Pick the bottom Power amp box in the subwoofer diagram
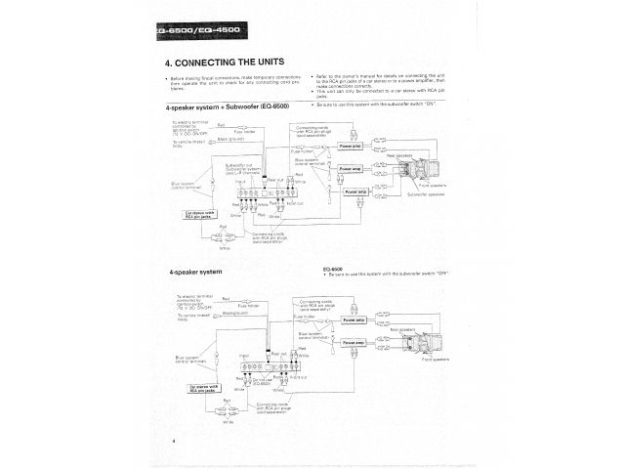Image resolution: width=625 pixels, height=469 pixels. pyautogui.click(x=355, y=192)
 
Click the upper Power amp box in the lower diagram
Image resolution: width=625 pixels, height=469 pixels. pyautogui.click(x=354, y=320)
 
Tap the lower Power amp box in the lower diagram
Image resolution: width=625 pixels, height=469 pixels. pyautogui.click(x=354, y=344)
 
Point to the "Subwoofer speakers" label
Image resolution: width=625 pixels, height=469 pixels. pyautogui.click(x=426, y=194)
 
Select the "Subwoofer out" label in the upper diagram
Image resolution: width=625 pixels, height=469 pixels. pyautogui.click(x=237, y=166)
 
